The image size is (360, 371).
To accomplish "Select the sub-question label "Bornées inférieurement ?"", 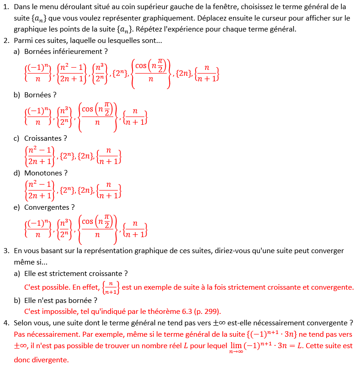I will point(66,52).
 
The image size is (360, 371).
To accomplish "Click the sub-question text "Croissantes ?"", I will point(46,138).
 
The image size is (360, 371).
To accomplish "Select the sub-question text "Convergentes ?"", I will point(49,207).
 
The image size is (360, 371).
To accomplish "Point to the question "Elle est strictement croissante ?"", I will point(76,273).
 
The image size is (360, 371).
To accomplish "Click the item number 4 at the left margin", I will point(6,323).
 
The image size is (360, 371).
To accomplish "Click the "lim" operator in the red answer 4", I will point(236,345).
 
